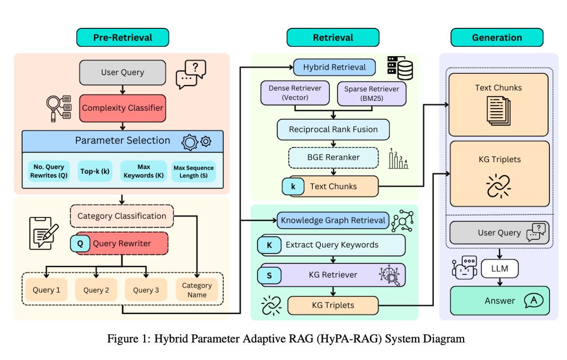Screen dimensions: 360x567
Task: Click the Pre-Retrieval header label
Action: (x=122, y=37)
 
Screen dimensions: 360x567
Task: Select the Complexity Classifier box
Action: (x=122, y=108)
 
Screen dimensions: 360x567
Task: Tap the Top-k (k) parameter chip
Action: (x=95, y=171)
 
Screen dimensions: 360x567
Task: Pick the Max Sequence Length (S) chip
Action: (x=194, y=171)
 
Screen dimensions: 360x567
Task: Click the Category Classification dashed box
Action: (x=122, y=216)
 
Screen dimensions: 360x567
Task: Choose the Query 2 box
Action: (x=97, y=290)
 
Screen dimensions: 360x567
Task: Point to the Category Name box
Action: (x=197, y=290)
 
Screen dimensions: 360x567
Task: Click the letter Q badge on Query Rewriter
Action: (x=80, y=244)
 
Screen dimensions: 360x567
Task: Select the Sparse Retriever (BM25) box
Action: (x=371, y=93)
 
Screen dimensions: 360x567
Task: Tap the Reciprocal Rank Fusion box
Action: (x=334, y=129)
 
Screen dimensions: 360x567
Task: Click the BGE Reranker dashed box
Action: (x=334, y=158)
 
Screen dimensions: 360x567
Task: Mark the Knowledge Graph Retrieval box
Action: (x=334, y=220)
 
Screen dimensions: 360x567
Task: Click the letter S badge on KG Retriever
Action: (x=270, y=275)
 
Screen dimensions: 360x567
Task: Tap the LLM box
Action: (x=500, y=269)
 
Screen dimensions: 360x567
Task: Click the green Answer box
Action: (x=500, y=300)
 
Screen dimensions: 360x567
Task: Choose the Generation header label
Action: (x=497, y=37)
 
